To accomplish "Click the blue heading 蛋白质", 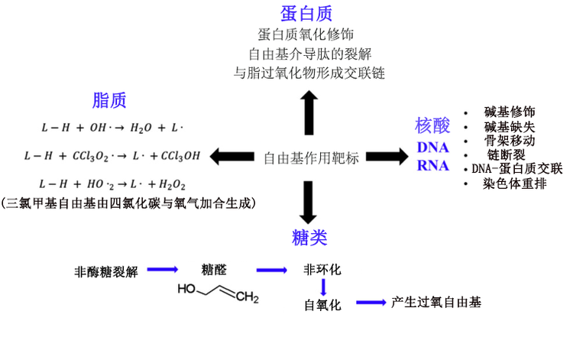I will click(306, 13).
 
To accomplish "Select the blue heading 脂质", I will click(109, 100).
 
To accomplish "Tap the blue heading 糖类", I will click(309, 236).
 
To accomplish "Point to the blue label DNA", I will click(432, 148).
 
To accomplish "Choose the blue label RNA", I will click(432, 166).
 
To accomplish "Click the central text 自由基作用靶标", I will click(311, 158).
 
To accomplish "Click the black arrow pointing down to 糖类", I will click(309, 200).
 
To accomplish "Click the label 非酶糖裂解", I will click(106, 271).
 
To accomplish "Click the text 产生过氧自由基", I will click(436, 303).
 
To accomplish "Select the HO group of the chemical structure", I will click(187, 290).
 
